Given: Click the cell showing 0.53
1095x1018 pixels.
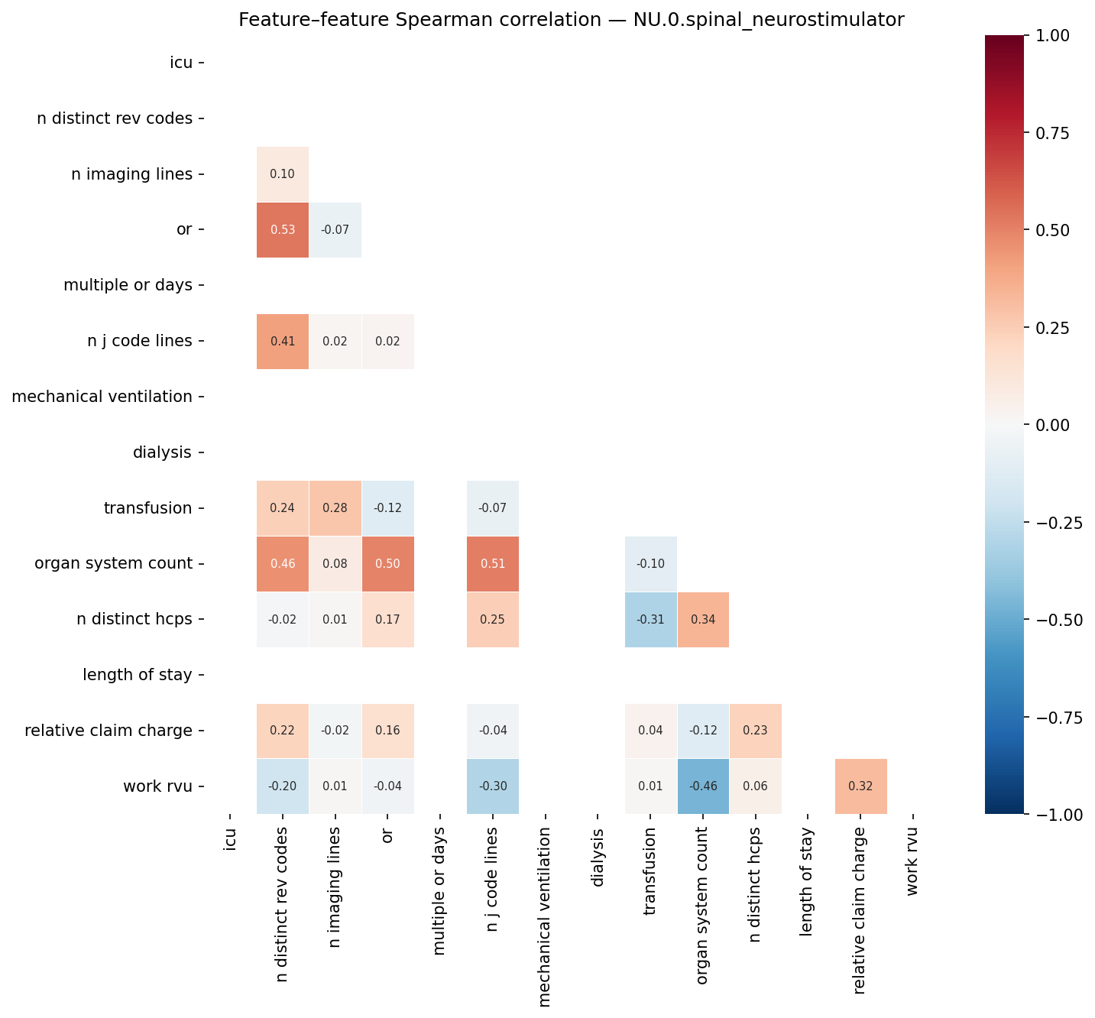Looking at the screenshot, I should (x=283, y=230).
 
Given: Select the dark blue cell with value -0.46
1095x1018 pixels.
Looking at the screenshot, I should (x=702, y=786).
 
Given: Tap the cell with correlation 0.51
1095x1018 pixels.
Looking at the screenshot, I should (x=493, y=564).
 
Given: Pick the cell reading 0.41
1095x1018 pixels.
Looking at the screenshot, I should (x=283, y=342).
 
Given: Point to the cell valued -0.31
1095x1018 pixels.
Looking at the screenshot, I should (x=650, y=620).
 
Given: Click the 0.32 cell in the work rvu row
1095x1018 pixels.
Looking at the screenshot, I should (x=860, y=786).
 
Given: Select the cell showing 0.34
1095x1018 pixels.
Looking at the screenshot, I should (x=702, y=620).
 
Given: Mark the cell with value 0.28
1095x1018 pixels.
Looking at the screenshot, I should (x=335, y=508).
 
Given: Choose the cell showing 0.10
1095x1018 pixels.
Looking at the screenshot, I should (x=283, y=174).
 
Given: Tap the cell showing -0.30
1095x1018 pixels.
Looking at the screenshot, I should (x=493, y=786).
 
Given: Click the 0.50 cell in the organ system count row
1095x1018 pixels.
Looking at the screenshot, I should (x=387, y=564).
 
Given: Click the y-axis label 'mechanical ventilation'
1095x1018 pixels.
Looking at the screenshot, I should (x=102, y=397).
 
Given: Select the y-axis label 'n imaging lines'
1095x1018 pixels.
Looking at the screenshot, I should (x=131, y=174).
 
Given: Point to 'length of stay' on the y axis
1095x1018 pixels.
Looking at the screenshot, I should (x=138, y=675).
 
